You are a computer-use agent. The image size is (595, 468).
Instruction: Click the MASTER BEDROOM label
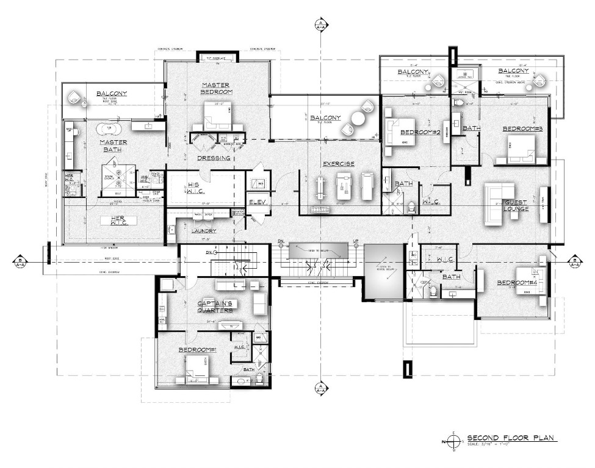pyautogui.click(x=215, y=88)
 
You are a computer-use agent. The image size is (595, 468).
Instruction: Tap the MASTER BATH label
pyautogui.click(x=113, y=146)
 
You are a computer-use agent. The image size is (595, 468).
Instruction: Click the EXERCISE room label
pyautogui.click(x=338, y=164)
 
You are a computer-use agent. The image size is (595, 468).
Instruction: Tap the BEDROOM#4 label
pyautogui.click(x=516, y=283)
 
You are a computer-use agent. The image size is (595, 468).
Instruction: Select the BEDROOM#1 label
pyautogui.click(x=198, y=350)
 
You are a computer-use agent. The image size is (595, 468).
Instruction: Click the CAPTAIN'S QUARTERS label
pyautogui.click(x=217, y=307)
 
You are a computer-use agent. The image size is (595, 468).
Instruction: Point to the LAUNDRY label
pyautogui.click(x=203, y=231)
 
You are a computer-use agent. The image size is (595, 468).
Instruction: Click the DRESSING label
pyautogui.click(x=213, y=158)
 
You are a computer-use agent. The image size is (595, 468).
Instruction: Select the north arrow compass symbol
pyautogui.click(x=455, y=440)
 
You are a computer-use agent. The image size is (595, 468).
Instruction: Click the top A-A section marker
pyautogui.click(x=320, y=25)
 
